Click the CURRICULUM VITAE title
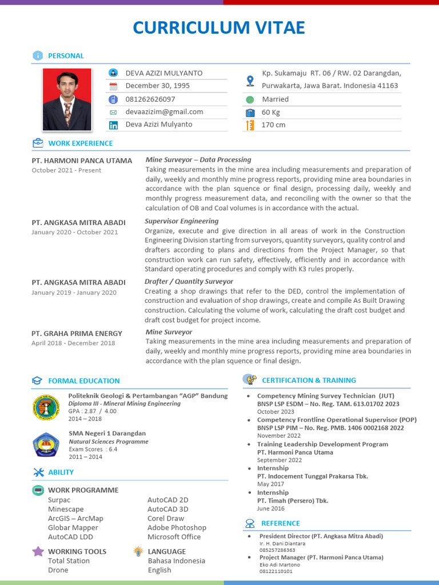[x=219, y=27]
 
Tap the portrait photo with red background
[x=67, y=99]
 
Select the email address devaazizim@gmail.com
[x=164, y=112]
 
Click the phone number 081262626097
[x=150, y=99]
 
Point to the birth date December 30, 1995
[x=157, y=86]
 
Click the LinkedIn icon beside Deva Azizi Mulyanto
[x=113, y=125]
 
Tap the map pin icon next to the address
[x=250, y=81]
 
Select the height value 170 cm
[x=273, y=125]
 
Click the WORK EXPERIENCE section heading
[x=80, y=143]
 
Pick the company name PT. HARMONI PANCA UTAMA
[x=82, y=161]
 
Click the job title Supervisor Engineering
[x=182, y=221]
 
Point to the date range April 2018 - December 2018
[x=73, y=343]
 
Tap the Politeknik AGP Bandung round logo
[x=45, y=407]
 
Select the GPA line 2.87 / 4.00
[x=92, y=411]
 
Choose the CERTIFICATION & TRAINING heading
[x=309, y=380]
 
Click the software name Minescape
[x=66, y=510]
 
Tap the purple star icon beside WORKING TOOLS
[x=38, y=551]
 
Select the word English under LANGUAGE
[x=159, y=570]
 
